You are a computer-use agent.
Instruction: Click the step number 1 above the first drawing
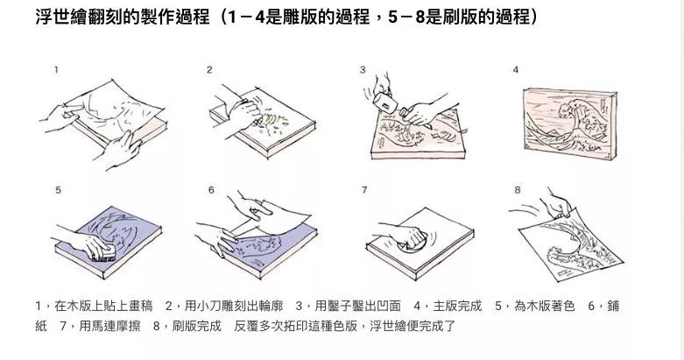click(57, 69)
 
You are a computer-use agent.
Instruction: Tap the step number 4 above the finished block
click(516, 69)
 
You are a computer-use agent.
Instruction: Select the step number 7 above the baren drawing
click(363, 189)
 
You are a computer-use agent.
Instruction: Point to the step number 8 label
click(517, 189)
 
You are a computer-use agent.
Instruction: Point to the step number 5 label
click(58, 189)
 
